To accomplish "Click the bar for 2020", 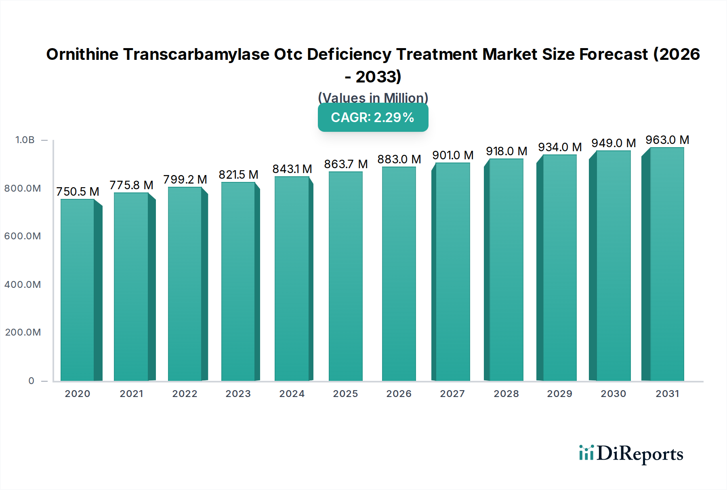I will pyautogui.click(x=78, y=290).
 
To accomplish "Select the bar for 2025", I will pyautogui.click(x=346, y=276).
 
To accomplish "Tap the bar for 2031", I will pyautogui.click(x=667, y=264).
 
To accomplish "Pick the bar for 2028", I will pyautogui.click(x=506, y=270).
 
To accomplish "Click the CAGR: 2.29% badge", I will pyautogui.click(x=373, y=117).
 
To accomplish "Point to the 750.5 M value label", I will pyautogui.click(x=78, y=192).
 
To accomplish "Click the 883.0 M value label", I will pyautogui.click(x=399, y=159).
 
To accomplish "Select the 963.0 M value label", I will pyautogui.click(x=667, y=140).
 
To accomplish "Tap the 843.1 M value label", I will pyautogui.click(x=292, y=169).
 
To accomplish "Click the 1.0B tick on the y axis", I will pyautogui.click(x=25, y=140).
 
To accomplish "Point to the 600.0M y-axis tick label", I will pyautogui.click(x=23, y=236).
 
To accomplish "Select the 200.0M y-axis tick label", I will pyautogui.click(x=23, y=332).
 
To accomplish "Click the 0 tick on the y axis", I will pyautogui.click(x=31, y=381).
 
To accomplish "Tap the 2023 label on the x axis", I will pyautogui.click(x=238, y=394).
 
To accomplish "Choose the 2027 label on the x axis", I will pyautogui.click(x=452, y=394).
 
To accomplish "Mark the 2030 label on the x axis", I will pyautogui.click(x=613, y=394).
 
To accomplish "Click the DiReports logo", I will pyautogui.click(x=631, y=454).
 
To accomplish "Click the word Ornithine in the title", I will pyautogui.click(x=82, y=54).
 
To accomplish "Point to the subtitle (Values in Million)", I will pyautogui.click(x=373, y=98).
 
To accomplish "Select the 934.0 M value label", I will pyautogui.click(x=560, y=147).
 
